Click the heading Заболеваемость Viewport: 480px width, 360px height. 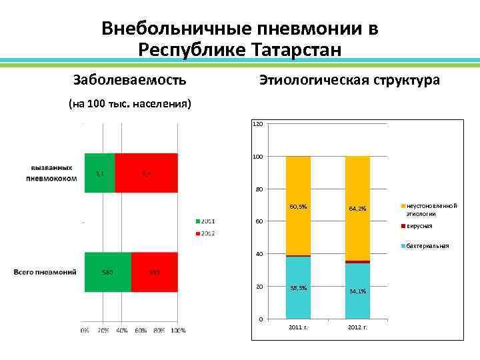tap(129, 80)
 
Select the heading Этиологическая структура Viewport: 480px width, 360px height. tap(349, 80)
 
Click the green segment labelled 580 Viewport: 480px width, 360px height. tap(107, 272)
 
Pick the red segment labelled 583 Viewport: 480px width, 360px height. tap(154, 272)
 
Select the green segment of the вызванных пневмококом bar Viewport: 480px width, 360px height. tap(99, 173)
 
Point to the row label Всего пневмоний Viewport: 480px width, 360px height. tap(45, 272)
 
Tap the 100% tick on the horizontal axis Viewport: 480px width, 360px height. tap(178, 330)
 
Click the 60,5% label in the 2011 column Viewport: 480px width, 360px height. tap(298, 207)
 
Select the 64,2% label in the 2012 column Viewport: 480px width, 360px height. tap(357, 209)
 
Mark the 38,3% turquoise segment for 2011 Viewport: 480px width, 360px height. tap(298, 288)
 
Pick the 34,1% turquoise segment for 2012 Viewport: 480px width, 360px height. tap(357, 291)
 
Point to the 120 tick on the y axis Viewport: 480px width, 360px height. tap(258, 124)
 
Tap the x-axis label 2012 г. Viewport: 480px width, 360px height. tap(357, 327)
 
